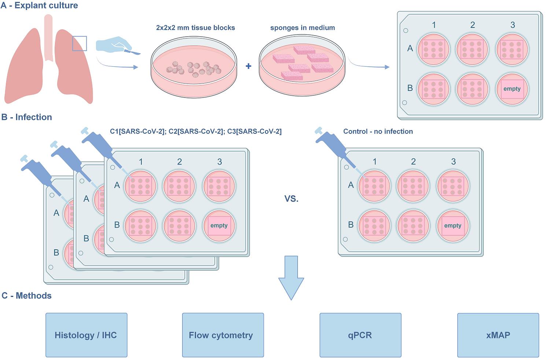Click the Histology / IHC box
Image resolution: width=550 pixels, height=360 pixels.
click(86, 335)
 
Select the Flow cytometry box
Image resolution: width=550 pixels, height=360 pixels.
click(223, 335)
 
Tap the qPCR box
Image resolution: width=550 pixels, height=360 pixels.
click(360, 335)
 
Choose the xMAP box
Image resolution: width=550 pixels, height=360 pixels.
click(498, 335)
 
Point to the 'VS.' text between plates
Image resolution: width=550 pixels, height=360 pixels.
click(292, 199)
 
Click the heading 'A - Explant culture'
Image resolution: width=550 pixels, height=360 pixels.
click(39, 5)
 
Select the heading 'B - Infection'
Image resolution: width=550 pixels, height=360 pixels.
click(27, 117)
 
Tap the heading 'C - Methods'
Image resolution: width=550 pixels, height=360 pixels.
click(26, 296)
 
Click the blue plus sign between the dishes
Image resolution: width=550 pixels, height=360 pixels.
click(248, 66)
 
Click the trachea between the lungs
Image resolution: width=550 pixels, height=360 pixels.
click(48, 37)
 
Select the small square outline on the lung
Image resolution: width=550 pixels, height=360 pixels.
click(80, 43)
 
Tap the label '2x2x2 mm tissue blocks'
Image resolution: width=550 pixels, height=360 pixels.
click(196, 28)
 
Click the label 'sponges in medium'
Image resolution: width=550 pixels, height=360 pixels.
click(302, 28)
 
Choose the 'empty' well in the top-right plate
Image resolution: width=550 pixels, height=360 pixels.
click(512, 89)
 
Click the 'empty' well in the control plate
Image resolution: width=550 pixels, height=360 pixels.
click(453, 225)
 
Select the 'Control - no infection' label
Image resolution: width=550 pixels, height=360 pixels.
click(378, 132)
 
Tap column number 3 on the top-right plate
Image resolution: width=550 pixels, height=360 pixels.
click(512, 25)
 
